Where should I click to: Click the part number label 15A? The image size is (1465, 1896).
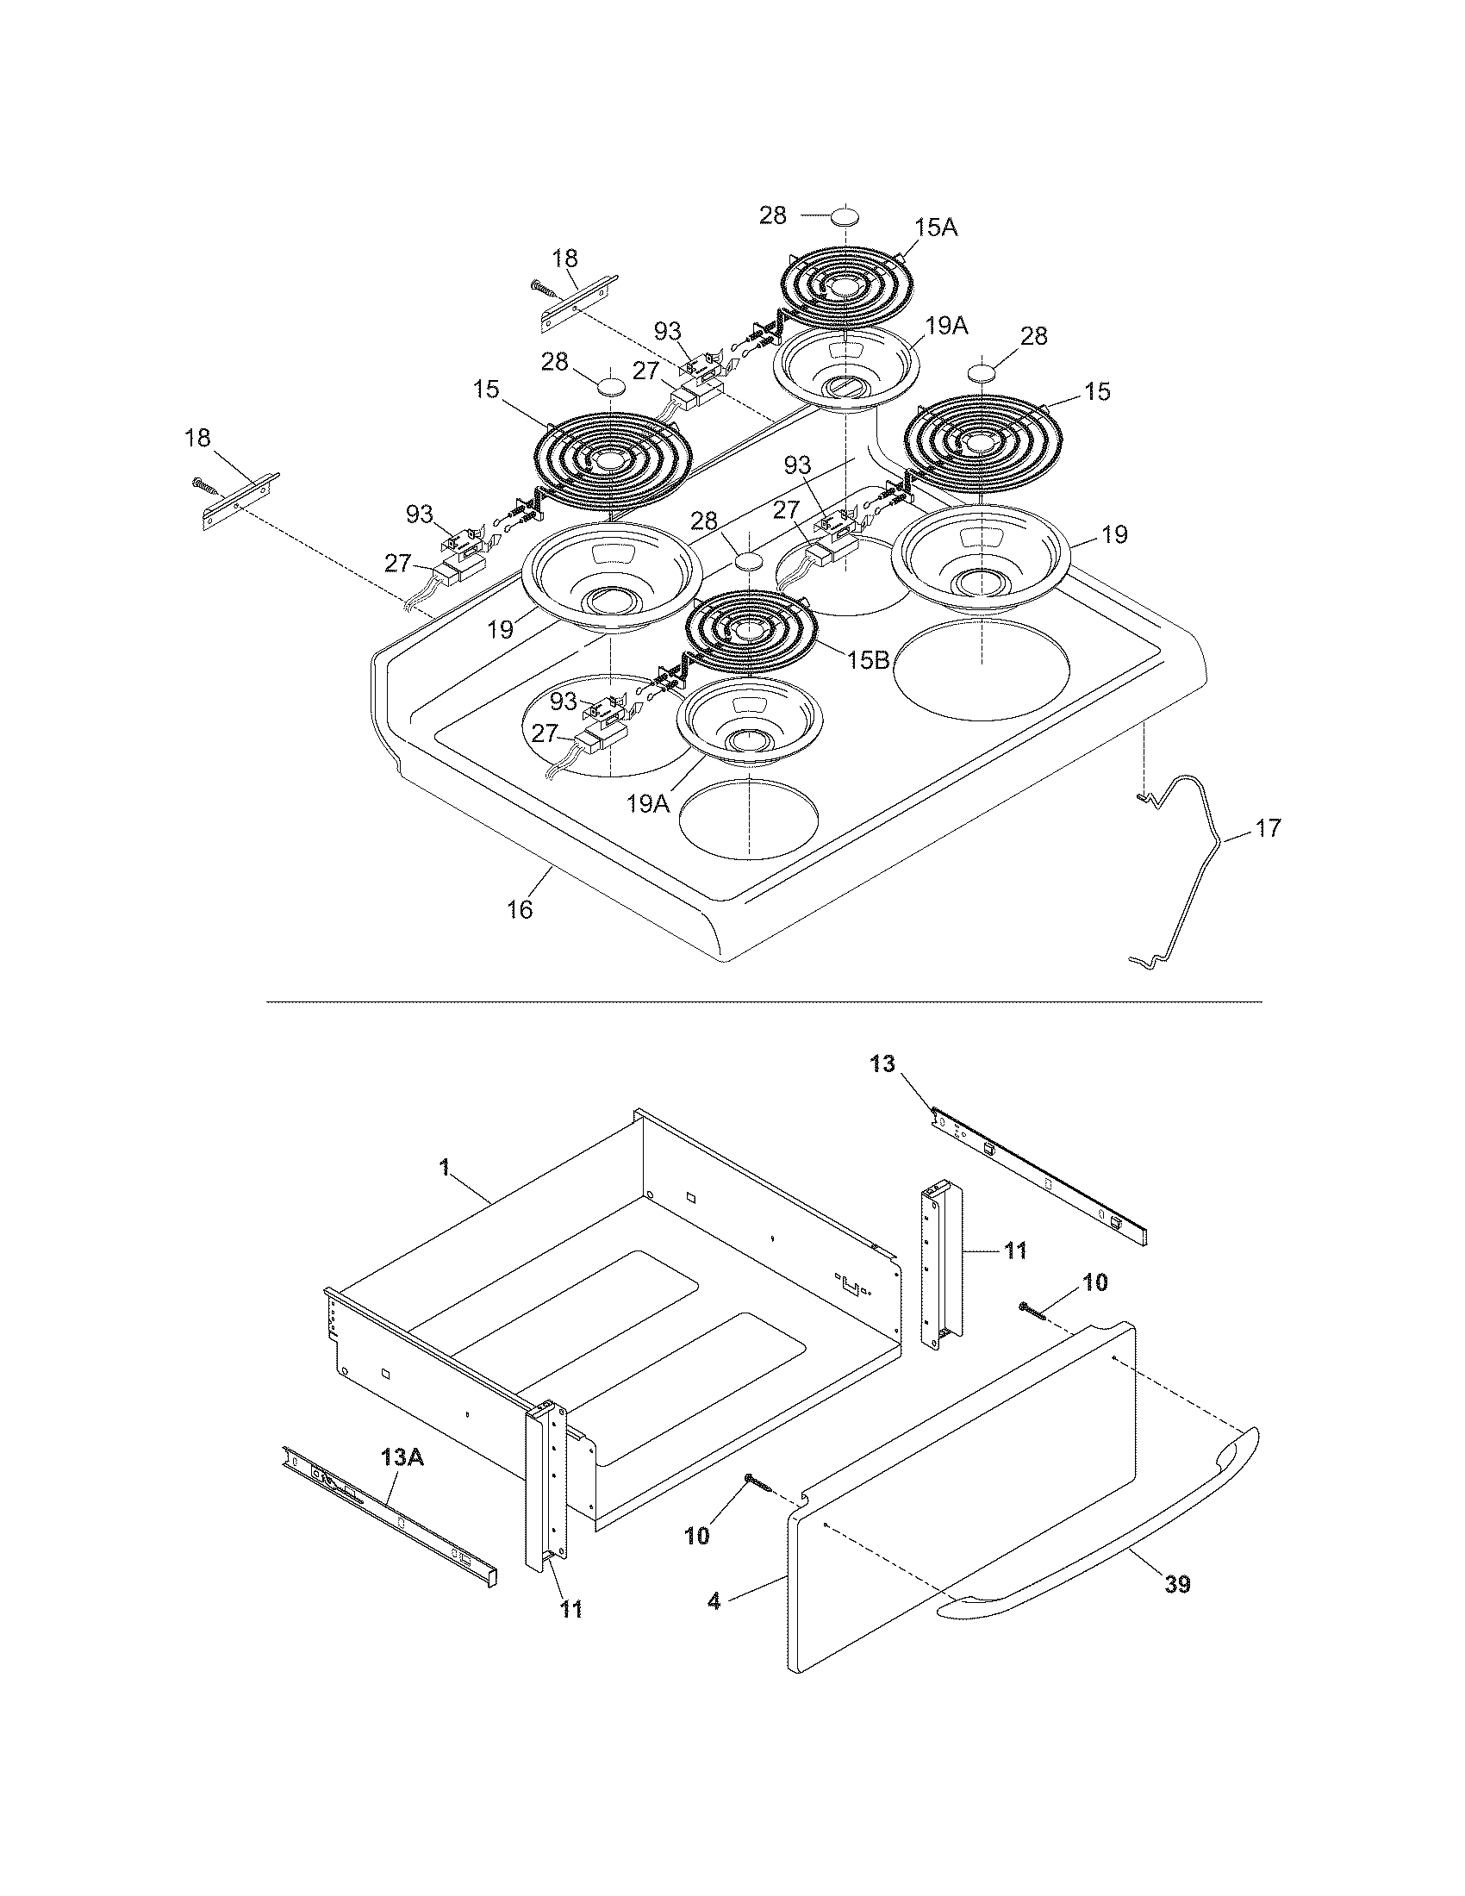[x=937, y=228]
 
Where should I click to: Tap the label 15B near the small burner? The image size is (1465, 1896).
[x=869, y=660]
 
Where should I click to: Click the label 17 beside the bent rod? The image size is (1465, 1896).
[x=1268, y=828]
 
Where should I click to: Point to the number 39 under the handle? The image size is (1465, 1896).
[x=1177, y=1584]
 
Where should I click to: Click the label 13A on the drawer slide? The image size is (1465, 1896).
[x=402, y=1457]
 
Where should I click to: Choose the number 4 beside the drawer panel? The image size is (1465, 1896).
[x=714, y=1601]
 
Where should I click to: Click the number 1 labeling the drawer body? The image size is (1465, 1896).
[x=446, y=1169]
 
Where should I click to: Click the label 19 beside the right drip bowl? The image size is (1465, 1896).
[x=1114, y=534]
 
